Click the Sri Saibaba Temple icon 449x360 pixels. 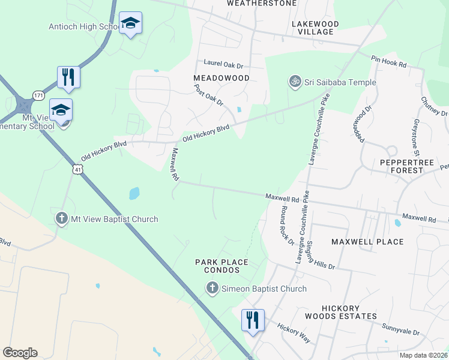295,82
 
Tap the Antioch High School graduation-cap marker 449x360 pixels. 130,23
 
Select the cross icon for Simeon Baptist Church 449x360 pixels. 211,289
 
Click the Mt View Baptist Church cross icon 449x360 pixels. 61,218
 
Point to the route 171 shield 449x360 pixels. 39,95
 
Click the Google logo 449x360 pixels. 20,353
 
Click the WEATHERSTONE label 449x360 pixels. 262,3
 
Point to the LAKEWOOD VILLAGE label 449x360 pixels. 315,28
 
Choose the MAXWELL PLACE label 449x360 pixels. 367,241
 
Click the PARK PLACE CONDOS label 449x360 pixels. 221,266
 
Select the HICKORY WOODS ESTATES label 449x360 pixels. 340,311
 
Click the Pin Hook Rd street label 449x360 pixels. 389,61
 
